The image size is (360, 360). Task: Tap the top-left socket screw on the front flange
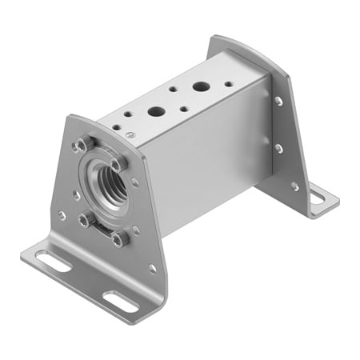click(x=81, y=146)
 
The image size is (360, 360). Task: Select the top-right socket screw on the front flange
click(x=119, y=163)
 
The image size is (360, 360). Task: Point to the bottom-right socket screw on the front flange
click(x=120, y=238)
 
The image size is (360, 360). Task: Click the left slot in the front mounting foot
click(x=53, y=261)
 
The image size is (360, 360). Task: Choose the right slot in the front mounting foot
click(x=120, y=302)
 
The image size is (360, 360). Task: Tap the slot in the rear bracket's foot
click(x=318, y=195)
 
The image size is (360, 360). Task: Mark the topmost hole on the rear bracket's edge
click(x=278, y=101)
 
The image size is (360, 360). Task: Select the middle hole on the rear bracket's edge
click(x=279, y=148)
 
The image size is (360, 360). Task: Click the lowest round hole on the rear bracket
click(x=294, y=186)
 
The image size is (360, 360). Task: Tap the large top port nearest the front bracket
click(x=156, y=112)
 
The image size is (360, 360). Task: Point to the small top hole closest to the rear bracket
click(x=228, y=82)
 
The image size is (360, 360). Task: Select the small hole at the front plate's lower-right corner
click(x=152, y=268)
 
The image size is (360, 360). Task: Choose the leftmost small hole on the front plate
click(x=62, y=215)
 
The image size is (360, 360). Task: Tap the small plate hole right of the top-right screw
click(x=134, y=182)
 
